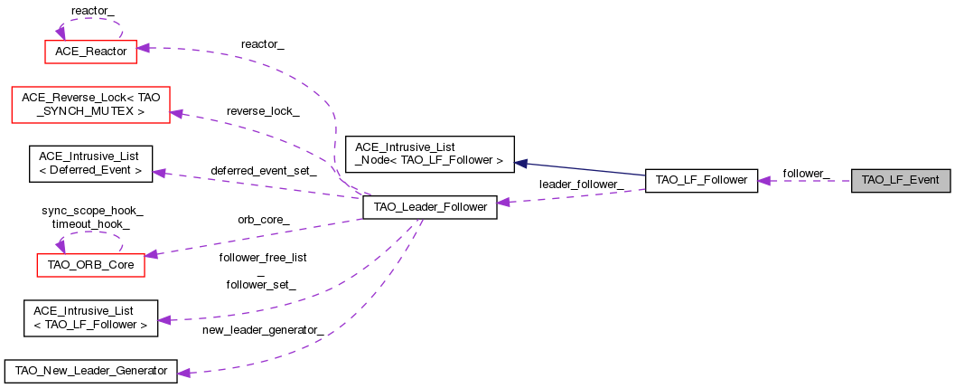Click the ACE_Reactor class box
point(90,52)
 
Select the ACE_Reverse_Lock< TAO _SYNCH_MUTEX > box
point(89,103)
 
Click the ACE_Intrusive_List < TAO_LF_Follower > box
point(90,318)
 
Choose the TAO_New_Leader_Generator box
point(90,371)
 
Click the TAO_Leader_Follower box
point(429,208)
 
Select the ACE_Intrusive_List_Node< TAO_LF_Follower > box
point(429,154)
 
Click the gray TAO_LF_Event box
point(901,180)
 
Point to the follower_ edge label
point(806,172)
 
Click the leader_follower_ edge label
point(581,185)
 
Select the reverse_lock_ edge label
point(263,110)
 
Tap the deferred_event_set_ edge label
point(263,170)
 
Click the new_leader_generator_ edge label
point(263,329)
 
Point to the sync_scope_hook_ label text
point(92,210)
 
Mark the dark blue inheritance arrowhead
point(520,164)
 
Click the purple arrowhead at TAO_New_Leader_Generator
point(183,371)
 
